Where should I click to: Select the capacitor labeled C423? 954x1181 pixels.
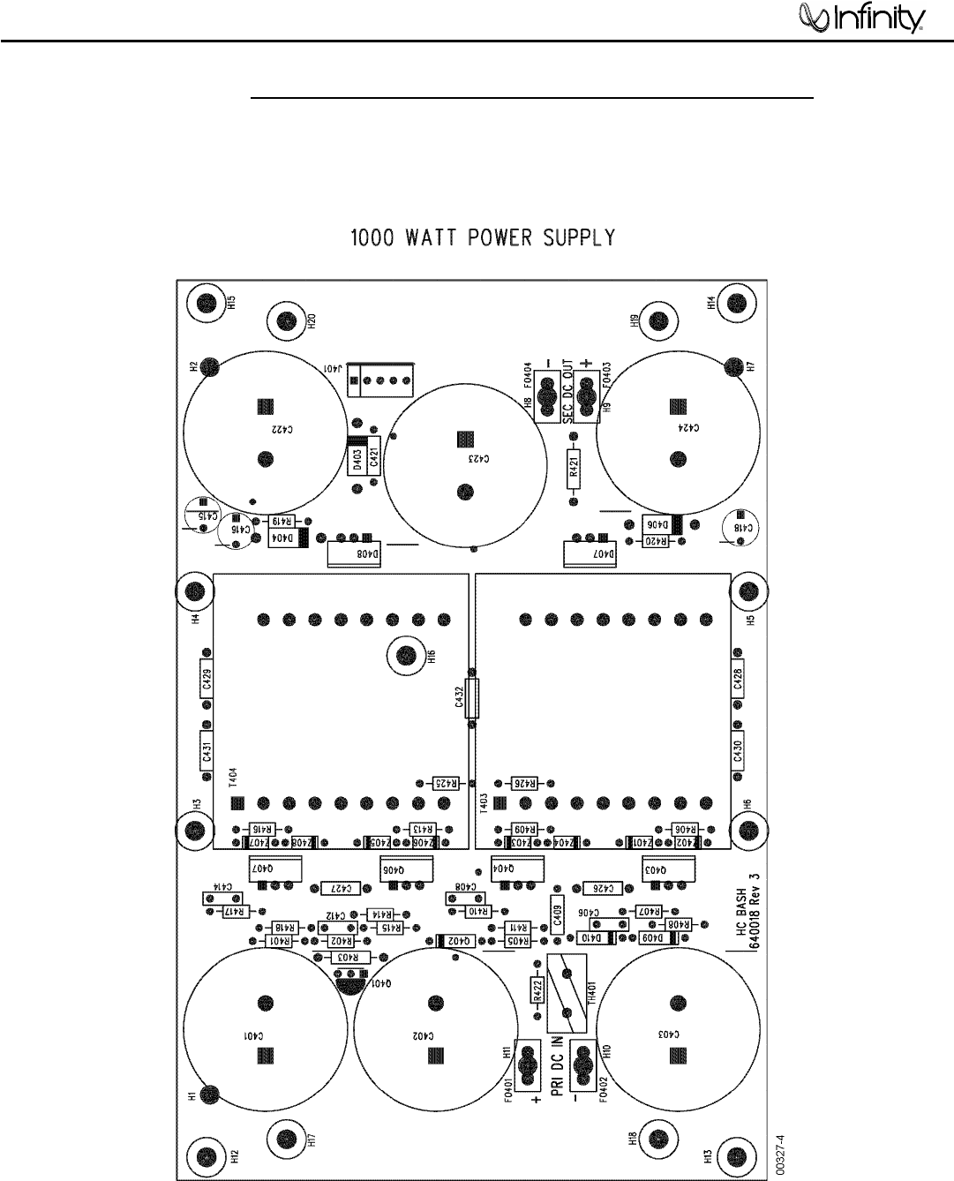(464, 466)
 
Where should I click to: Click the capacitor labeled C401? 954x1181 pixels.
(264, 1028)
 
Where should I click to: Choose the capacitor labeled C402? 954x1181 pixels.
(434, 1028)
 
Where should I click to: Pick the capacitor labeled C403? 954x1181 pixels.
(678, 1028)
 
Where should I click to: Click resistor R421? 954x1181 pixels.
(574, 469)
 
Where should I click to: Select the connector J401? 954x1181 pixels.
(381, 380)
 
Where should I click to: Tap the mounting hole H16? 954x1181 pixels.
(406, 655)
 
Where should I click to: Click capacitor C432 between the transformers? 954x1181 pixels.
(473, 699)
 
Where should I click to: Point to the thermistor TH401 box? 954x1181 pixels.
(568, 993)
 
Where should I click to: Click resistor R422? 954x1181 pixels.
(535, 991)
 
